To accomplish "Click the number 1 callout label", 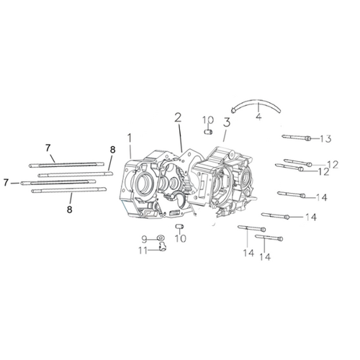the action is [x=130, y=138].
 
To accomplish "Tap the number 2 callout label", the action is [x=178, y=117].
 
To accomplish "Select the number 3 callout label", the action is [x=227, y=122].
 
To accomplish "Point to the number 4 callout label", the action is [x=258, y=116].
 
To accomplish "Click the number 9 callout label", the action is [x=144, y=239].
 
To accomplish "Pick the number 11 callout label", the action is [x=143, y=251].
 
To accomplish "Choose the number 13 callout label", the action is [x=326, y=139].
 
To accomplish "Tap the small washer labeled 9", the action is [x=160, y=238].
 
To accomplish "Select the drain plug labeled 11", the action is [x=163, y=247].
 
